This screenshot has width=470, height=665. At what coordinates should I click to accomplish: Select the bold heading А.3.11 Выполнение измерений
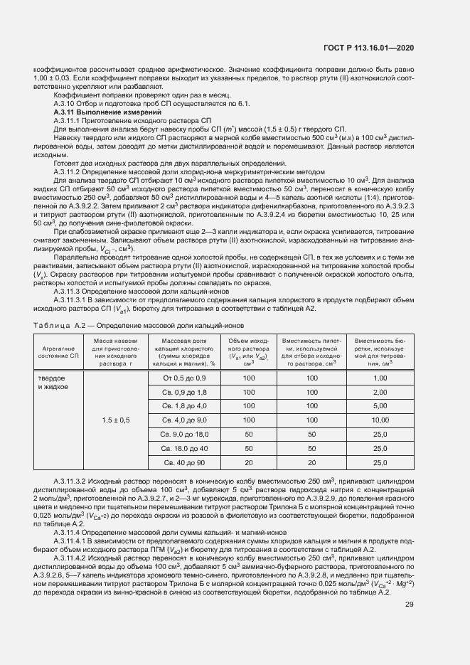pyautogui.click(x=97, y=114)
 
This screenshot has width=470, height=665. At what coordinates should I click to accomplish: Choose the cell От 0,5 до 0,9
pyautogui.click(x=184, y=377)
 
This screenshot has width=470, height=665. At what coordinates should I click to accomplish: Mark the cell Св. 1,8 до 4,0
pyautogui.click(x=184, y=405)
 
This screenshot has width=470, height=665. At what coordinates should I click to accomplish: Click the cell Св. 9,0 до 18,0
pyautogui.click(x=184, y=434)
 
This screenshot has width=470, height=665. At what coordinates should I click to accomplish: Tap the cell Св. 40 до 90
pyautogui.click(x=184, y=462)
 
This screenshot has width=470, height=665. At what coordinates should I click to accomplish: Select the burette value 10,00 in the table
pyautogui.click(x=380, y=420)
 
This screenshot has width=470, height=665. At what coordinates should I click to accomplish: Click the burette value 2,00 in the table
pyautogui.click(x=380, y=391)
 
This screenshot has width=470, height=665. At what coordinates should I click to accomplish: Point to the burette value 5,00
pyautogui.click(x=380, y=405)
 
